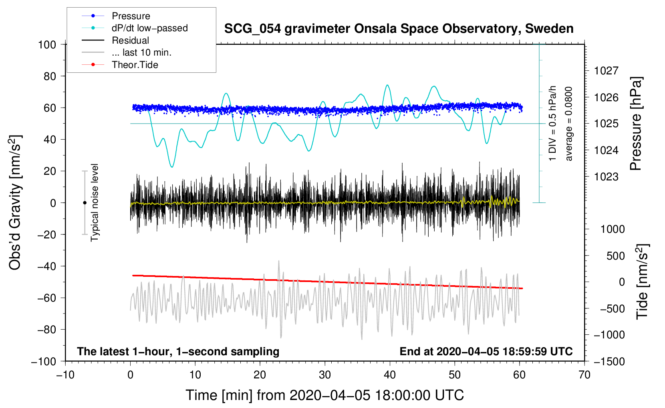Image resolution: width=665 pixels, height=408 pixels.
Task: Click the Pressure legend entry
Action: point(116,16)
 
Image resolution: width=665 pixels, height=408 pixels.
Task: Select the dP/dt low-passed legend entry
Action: point(135,28)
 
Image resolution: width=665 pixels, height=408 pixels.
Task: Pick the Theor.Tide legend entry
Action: point(120,65)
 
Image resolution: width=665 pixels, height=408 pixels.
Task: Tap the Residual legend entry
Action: point(115,40)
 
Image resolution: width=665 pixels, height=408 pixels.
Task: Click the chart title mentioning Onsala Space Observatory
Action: point(399,29)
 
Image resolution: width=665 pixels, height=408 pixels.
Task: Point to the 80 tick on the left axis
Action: point(50,76)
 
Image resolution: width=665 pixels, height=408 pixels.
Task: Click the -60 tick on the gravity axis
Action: point(46,298)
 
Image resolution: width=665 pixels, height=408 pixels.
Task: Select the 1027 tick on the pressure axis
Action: point(606,71)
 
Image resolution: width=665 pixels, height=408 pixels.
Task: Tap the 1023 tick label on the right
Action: point(606,177)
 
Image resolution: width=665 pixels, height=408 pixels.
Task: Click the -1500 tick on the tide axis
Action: point(609,362)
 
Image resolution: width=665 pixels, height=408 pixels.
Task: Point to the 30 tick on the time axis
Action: point(325,375)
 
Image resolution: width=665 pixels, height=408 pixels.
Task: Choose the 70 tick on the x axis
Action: point(584,375)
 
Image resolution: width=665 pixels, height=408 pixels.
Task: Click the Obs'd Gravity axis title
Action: point(15,202)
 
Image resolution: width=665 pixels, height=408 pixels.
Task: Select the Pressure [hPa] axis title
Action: point(636,124)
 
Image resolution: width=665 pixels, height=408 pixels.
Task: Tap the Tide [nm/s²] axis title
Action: point(643,282)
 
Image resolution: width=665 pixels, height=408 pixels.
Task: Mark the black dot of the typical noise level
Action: point(85,203)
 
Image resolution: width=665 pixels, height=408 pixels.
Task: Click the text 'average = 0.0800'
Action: point(568,124)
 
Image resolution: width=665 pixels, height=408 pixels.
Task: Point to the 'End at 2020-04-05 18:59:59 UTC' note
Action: point(486,351)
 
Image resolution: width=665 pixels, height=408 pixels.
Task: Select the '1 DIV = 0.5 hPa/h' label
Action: point(552,124)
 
